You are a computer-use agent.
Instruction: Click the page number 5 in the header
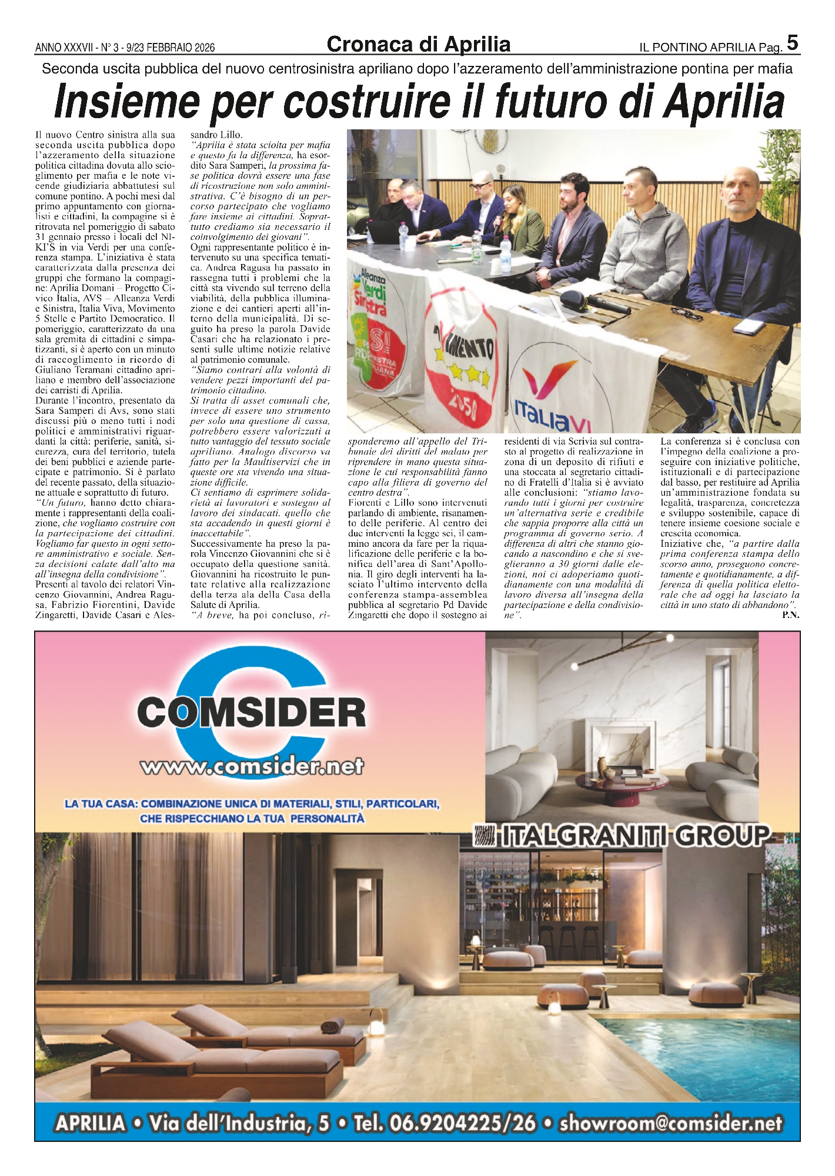tap(792, 43)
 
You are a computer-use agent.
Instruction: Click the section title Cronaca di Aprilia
tap(418, 44)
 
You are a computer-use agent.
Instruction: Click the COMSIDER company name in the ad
tap(252, 713)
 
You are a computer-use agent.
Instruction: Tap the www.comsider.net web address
tap(252, 767)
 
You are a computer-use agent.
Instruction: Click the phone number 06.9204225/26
tap(445, 1124)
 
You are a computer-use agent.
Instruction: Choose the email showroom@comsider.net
tap(671, 1124)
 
